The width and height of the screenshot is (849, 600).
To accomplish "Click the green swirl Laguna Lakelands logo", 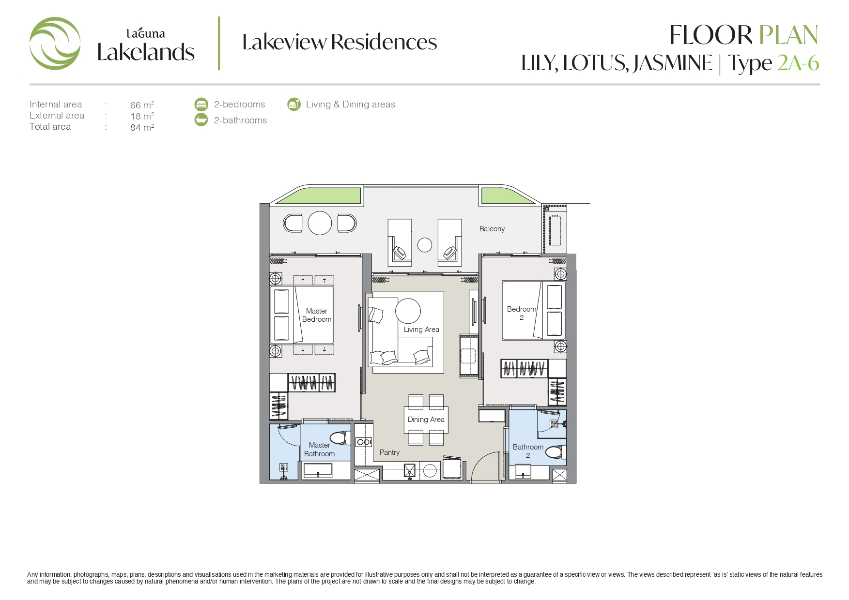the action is point(55,44).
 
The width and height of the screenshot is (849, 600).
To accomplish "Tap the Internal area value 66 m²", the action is point(142,105).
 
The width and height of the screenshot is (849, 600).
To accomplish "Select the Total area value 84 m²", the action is point(142,127).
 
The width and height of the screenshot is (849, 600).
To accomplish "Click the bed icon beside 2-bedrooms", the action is point(201,105).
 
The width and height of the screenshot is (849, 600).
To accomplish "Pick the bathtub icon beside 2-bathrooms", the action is point(201,120).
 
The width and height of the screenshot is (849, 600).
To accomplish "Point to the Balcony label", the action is point(492,229).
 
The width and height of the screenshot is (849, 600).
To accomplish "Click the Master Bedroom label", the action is point(317,315).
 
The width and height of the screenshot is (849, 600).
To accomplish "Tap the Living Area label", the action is point(421,330).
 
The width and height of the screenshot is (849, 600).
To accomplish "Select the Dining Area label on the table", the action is point(426,420).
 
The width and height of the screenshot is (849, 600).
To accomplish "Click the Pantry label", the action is point(390,452).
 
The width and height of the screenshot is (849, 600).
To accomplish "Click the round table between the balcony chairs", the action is point(320,223).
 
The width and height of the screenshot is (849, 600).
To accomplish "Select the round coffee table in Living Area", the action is point(408,311).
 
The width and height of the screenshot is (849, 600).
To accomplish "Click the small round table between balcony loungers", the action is point(425,245).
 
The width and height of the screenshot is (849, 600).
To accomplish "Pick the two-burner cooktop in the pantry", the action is point(364,442).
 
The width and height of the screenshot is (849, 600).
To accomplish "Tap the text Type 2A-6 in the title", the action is point(773,63).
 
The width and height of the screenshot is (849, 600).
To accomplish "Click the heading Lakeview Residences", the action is point(340,42).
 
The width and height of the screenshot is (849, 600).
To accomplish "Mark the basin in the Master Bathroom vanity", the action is point(318,469).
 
